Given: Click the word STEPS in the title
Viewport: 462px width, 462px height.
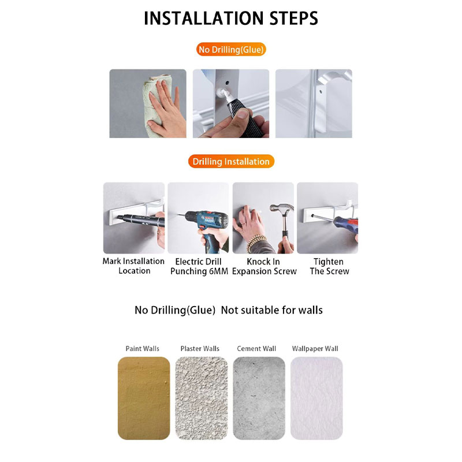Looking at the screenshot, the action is click(x=294, y=18).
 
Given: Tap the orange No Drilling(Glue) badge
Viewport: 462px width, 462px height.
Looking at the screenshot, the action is click(x=231, y=50).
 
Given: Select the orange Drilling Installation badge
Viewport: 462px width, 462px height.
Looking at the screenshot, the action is click(x=231, y=162).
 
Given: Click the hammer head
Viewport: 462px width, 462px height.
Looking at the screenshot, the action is click(x=282, y=208).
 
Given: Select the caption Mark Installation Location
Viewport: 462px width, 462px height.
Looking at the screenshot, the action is click(x=133, y=266).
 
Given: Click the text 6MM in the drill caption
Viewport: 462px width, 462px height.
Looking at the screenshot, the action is click(x=219, y=271).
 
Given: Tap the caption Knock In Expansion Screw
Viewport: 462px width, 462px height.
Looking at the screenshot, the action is click(x=264, y=266).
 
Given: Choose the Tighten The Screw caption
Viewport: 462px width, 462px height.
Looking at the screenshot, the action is click(x=329, y=266).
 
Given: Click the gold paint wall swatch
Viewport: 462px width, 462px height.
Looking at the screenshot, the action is click(x=144, y=398).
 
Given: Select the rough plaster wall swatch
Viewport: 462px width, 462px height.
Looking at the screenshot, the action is click(x=202, y=398).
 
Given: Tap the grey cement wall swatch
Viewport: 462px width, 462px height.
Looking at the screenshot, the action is click(x=259, y=398).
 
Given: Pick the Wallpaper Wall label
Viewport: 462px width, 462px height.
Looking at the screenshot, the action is click(x=315, y=349).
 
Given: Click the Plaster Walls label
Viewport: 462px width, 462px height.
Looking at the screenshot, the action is click(x=200, y=349).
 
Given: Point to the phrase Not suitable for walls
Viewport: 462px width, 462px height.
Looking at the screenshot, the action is click(x=271, y=310).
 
